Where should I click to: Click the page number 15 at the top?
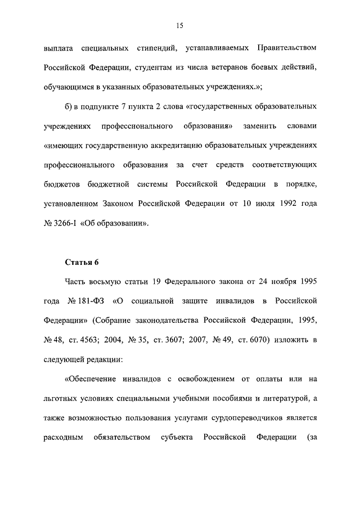point(180,25)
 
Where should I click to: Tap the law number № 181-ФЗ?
point(86,301)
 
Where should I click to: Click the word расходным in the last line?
point(64,438)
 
